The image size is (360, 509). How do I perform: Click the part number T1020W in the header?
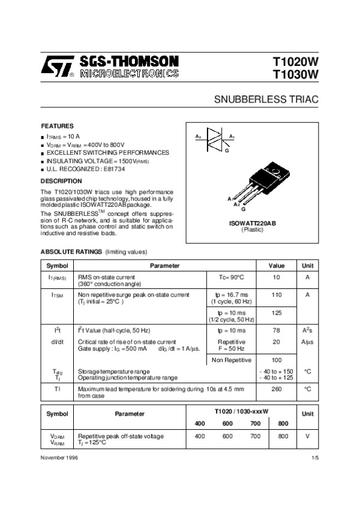click(x=296, y=62)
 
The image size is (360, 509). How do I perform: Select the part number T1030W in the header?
click(x=296, y=74)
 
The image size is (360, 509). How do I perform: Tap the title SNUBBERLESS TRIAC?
click(x=266, y=99)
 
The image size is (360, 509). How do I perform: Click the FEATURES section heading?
click(x=57, y=127)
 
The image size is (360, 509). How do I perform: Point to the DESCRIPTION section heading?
click(x=61, y=180)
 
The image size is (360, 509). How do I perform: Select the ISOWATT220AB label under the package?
click(x=253, y=223)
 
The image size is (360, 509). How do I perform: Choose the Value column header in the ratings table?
click(x=277, y=266)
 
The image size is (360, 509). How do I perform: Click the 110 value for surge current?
click(x=277, y=295)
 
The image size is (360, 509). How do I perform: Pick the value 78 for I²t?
click(x=277, y=330)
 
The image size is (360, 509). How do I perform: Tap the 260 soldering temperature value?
click(x=277, y=389)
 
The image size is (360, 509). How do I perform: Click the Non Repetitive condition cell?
click(x=227, y=360)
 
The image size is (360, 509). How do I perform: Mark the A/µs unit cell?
click(x=307, y=342)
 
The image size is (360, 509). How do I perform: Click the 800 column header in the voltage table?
click(x=283, y=423)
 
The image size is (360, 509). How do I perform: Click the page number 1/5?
click(x=315, y=457)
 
